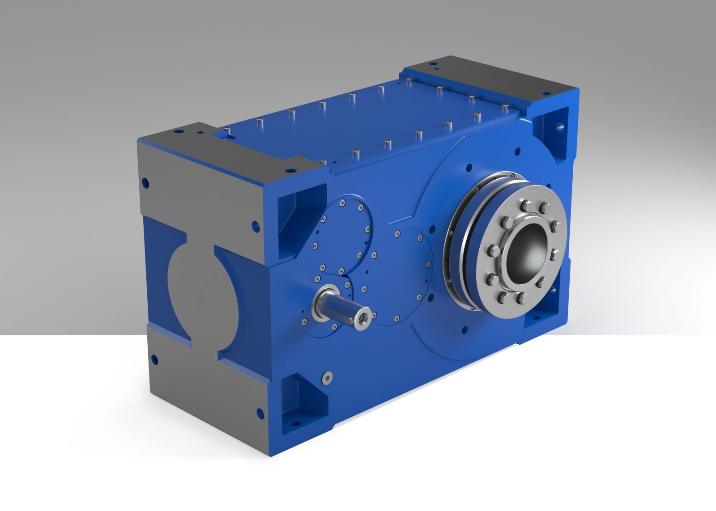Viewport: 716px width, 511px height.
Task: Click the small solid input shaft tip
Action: [x=362, y=318]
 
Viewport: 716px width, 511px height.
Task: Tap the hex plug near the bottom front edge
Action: [x=328, y=379]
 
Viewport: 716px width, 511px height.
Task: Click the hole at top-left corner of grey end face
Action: [x=145, y=182]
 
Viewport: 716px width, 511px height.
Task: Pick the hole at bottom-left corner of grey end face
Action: [x=154, y=358]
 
